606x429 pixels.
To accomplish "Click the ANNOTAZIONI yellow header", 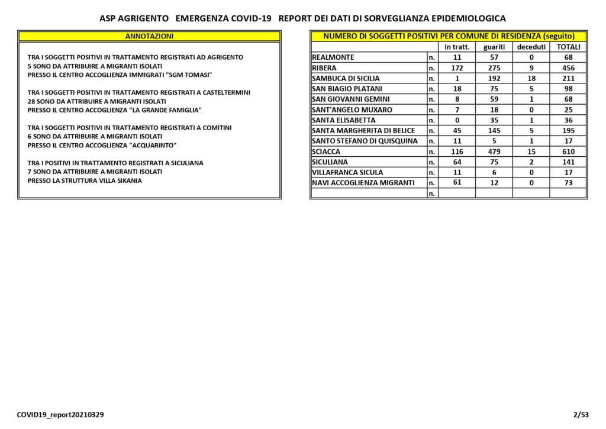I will pyautogui.click(x=149, y=36).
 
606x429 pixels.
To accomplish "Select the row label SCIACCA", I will pyautogui.click(x=325, y=151).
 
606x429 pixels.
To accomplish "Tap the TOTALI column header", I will pyautogui.click(x=568, y=47).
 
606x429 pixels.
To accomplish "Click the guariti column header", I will pyautogui.click(x=494, y=47).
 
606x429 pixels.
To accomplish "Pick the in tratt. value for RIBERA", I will pyautogui.click(x=457, y=68).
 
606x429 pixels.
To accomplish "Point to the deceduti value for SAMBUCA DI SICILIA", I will pyautogui.click(x=531, y=78).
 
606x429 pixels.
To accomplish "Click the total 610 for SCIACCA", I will pyautogui.click(x=568, y=151).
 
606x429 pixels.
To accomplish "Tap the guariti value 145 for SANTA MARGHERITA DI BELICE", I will pyautogui.click(x=494, y=131).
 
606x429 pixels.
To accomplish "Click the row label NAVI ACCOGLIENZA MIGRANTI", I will pyautogui.click(x=363, y=183).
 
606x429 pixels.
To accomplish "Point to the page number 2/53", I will pyautogui.click(x=581, y=415).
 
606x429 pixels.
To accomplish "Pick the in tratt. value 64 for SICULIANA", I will pyautogui.click(x=457, y=162).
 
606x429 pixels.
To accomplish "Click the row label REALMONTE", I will pyautogui.click(x=333, y=57).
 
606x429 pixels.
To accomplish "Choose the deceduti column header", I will pyautogui.click(x=531, y=47).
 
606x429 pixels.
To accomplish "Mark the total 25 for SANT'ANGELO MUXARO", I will pyautogui.click(x=568, y=109).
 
